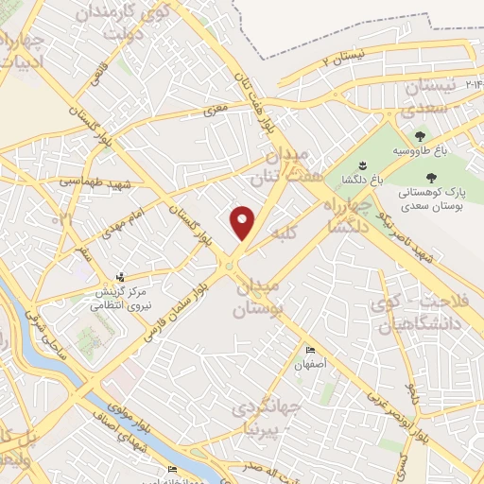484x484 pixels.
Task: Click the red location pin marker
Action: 243,222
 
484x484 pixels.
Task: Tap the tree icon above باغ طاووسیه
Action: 420,136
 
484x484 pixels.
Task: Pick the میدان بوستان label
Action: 257,296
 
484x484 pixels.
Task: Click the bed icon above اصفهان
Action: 310,351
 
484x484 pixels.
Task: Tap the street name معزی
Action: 216,111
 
